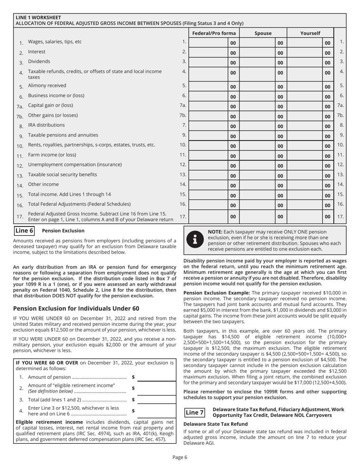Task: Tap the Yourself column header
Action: click(x=310, y=33)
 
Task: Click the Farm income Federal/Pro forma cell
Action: click(x=209, y=155)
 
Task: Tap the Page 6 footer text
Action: click(x=180, y=457)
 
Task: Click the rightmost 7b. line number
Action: click(x=340, y=115)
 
